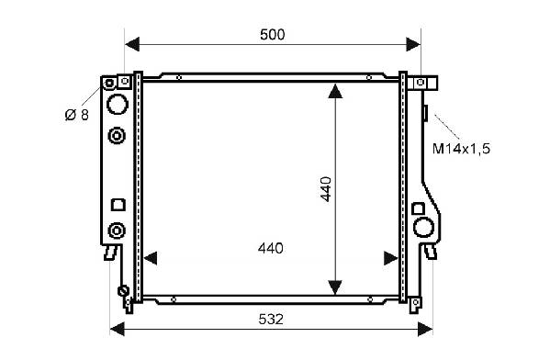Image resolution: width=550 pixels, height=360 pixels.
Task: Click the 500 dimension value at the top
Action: tap(273, 35)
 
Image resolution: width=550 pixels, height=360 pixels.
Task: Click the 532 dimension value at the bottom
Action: tap(271, 320)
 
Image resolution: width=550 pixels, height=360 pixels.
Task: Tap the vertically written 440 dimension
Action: tap(326, 189)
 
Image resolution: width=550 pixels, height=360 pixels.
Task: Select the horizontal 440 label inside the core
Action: tap(271, 249)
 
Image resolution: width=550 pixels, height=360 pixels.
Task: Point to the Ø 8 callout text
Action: tap(77, 115)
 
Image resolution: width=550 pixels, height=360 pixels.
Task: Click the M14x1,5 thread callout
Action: tap(461, 149)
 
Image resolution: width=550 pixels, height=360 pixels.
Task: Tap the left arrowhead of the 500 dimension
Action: tap(132, 44)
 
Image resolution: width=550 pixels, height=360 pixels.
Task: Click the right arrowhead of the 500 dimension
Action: tap(413, 44)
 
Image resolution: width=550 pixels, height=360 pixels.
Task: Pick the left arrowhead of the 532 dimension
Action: tap(118, 329)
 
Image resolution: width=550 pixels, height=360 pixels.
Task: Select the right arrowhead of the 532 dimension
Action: tap(425, 329)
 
